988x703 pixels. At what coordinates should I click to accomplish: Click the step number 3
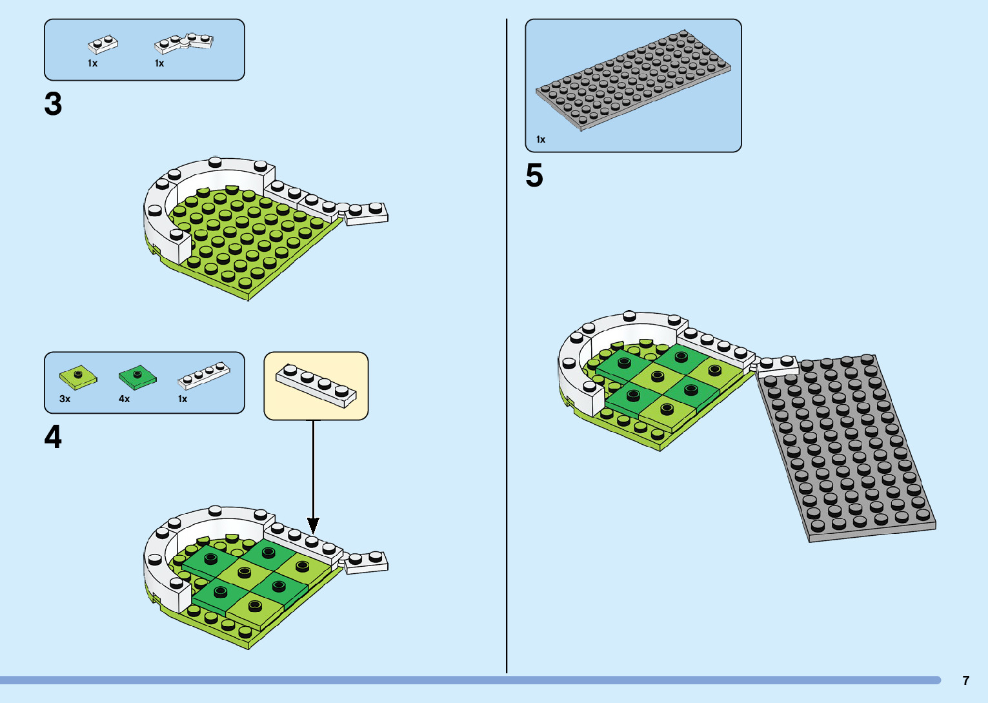[x=53, y=104]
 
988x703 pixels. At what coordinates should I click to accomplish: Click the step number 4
[x=53, y=437]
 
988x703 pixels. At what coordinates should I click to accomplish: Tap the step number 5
[x=534, y=176]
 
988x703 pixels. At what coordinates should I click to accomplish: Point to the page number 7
[x=965, y=680]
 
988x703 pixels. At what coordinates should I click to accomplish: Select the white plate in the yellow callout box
[x=316, y=385]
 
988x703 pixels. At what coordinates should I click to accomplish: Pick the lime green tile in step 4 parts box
[x=78, y=376]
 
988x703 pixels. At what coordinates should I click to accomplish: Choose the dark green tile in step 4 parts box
[x=137, y=376]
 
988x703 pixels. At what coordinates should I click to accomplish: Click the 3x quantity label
[x=65, y=399]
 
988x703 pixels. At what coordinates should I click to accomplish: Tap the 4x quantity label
[x=124, y=399]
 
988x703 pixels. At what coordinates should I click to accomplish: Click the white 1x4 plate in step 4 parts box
[x=204, y=376]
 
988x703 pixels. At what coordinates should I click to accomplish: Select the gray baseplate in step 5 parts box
[x=632, y=79]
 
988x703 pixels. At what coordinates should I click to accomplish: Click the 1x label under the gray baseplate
[x=540, y=139]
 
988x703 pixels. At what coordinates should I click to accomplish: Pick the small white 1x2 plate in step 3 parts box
[x=103, y=45]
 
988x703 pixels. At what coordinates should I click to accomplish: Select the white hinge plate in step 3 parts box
[x=184, y=43]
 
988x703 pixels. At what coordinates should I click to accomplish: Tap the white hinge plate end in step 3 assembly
[x=367, y=214]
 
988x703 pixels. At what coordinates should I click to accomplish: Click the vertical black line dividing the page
[x=507, y=349]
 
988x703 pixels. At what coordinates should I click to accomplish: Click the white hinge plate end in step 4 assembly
[x=367, y=562]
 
